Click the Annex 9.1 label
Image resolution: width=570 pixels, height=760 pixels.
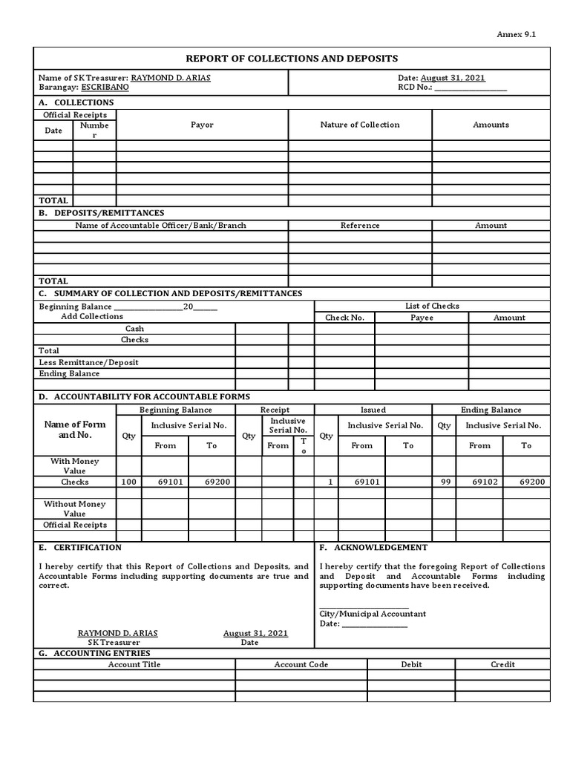pyautogui.click(x=521, y=34)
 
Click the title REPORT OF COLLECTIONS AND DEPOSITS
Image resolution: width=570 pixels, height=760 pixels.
pyautogui.click(x=292, y=59)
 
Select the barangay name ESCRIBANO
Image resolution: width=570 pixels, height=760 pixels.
pyautogui.click(x=105, y=88)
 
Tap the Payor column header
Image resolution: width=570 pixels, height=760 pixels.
pyautogui.click(x=202, y=125)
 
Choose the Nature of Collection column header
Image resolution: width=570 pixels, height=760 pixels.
pyautogui.click(x=360, y=125)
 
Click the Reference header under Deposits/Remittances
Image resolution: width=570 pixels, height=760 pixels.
pyautogui.click(x=360, y=226)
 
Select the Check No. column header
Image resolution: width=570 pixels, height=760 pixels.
pyautogui.click(x=344, y=318)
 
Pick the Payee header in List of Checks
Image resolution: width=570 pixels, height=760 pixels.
pyautogui.click(x=422, y=318)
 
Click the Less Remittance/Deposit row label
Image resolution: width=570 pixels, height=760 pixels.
pyautogui.click(x=88, y=362)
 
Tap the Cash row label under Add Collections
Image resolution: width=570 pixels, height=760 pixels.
pyautogui.click(x=134, y=329)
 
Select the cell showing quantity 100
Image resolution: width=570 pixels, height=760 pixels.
pyautogui.click(x=128, y=482)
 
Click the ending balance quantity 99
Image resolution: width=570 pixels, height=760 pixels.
pyautogui.click(x=444, y=482)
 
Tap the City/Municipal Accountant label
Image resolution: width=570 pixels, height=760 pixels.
pyautogui.click(x=373, y=614)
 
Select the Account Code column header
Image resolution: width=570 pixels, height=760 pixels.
pyautogui.click(x=301, y=665)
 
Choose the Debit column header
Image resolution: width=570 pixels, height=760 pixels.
pyautogui.click(x=411, y=665)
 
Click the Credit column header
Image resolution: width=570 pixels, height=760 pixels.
pyautogui.click(x=502, y=665)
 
